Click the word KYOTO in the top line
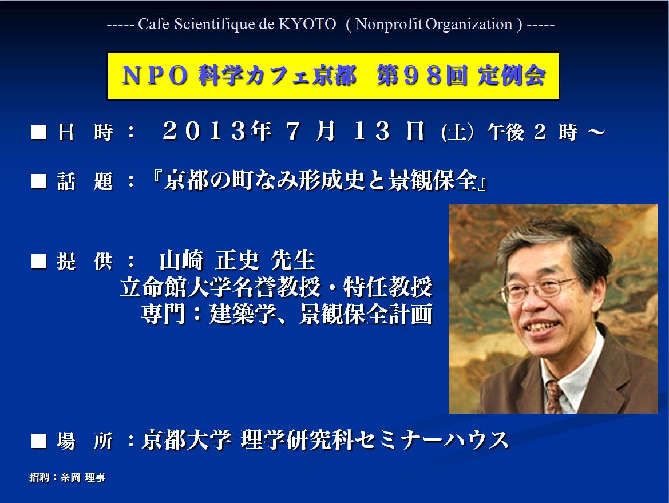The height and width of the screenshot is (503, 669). (x=307, y=24)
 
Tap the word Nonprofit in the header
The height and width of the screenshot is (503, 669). (x=389, y=25)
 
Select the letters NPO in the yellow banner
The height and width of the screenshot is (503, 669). (x=155, y=76)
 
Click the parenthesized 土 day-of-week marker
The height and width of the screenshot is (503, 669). (x=457, y=132)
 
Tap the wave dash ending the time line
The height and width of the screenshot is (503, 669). (x=596, y=132)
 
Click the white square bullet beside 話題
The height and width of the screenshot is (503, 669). (x=39, y=181)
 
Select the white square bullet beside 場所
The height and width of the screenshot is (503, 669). (x=39, y=441)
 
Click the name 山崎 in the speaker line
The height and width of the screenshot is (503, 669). (x=181, y=260)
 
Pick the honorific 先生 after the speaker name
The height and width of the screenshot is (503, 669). (x=293, y=260)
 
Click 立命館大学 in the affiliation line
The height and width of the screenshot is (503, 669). (x=176, y=287)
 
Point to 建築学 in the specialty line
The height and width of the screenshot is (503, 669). (x=242, y=314)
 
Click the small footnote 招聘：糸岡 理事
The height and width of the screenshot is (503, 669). (x=68, y=477)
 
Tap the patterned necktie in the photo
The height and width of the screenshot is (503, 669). (x=554, y=397)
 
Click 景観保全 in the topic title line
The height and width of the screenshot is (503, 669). (x=433, y=180)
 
